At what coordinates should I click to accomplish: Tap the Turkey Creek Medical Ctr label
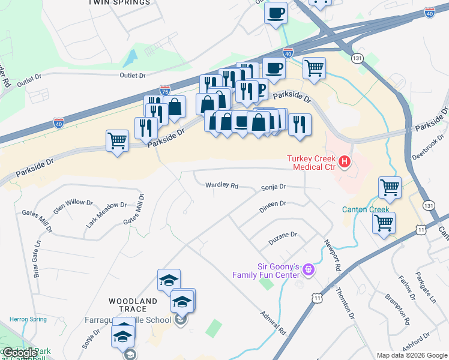310,162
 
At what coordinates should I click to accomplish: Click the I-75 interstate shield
164,91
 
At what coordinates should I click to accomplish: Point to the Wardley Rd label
221,185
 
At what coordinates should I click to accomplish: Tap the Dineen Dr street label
273,205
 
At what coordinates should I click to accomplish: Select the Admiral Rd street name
273,323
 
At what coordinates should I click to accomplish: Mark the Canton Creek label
366,209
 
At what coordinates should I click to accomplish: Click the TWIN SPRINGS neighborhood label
119,3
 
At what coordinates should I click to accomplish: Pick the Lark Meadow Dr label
106,214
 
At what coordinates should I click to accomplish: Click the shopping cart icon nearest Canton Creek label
384,223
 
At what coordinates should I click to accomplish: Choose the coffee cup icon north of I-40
276,13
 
